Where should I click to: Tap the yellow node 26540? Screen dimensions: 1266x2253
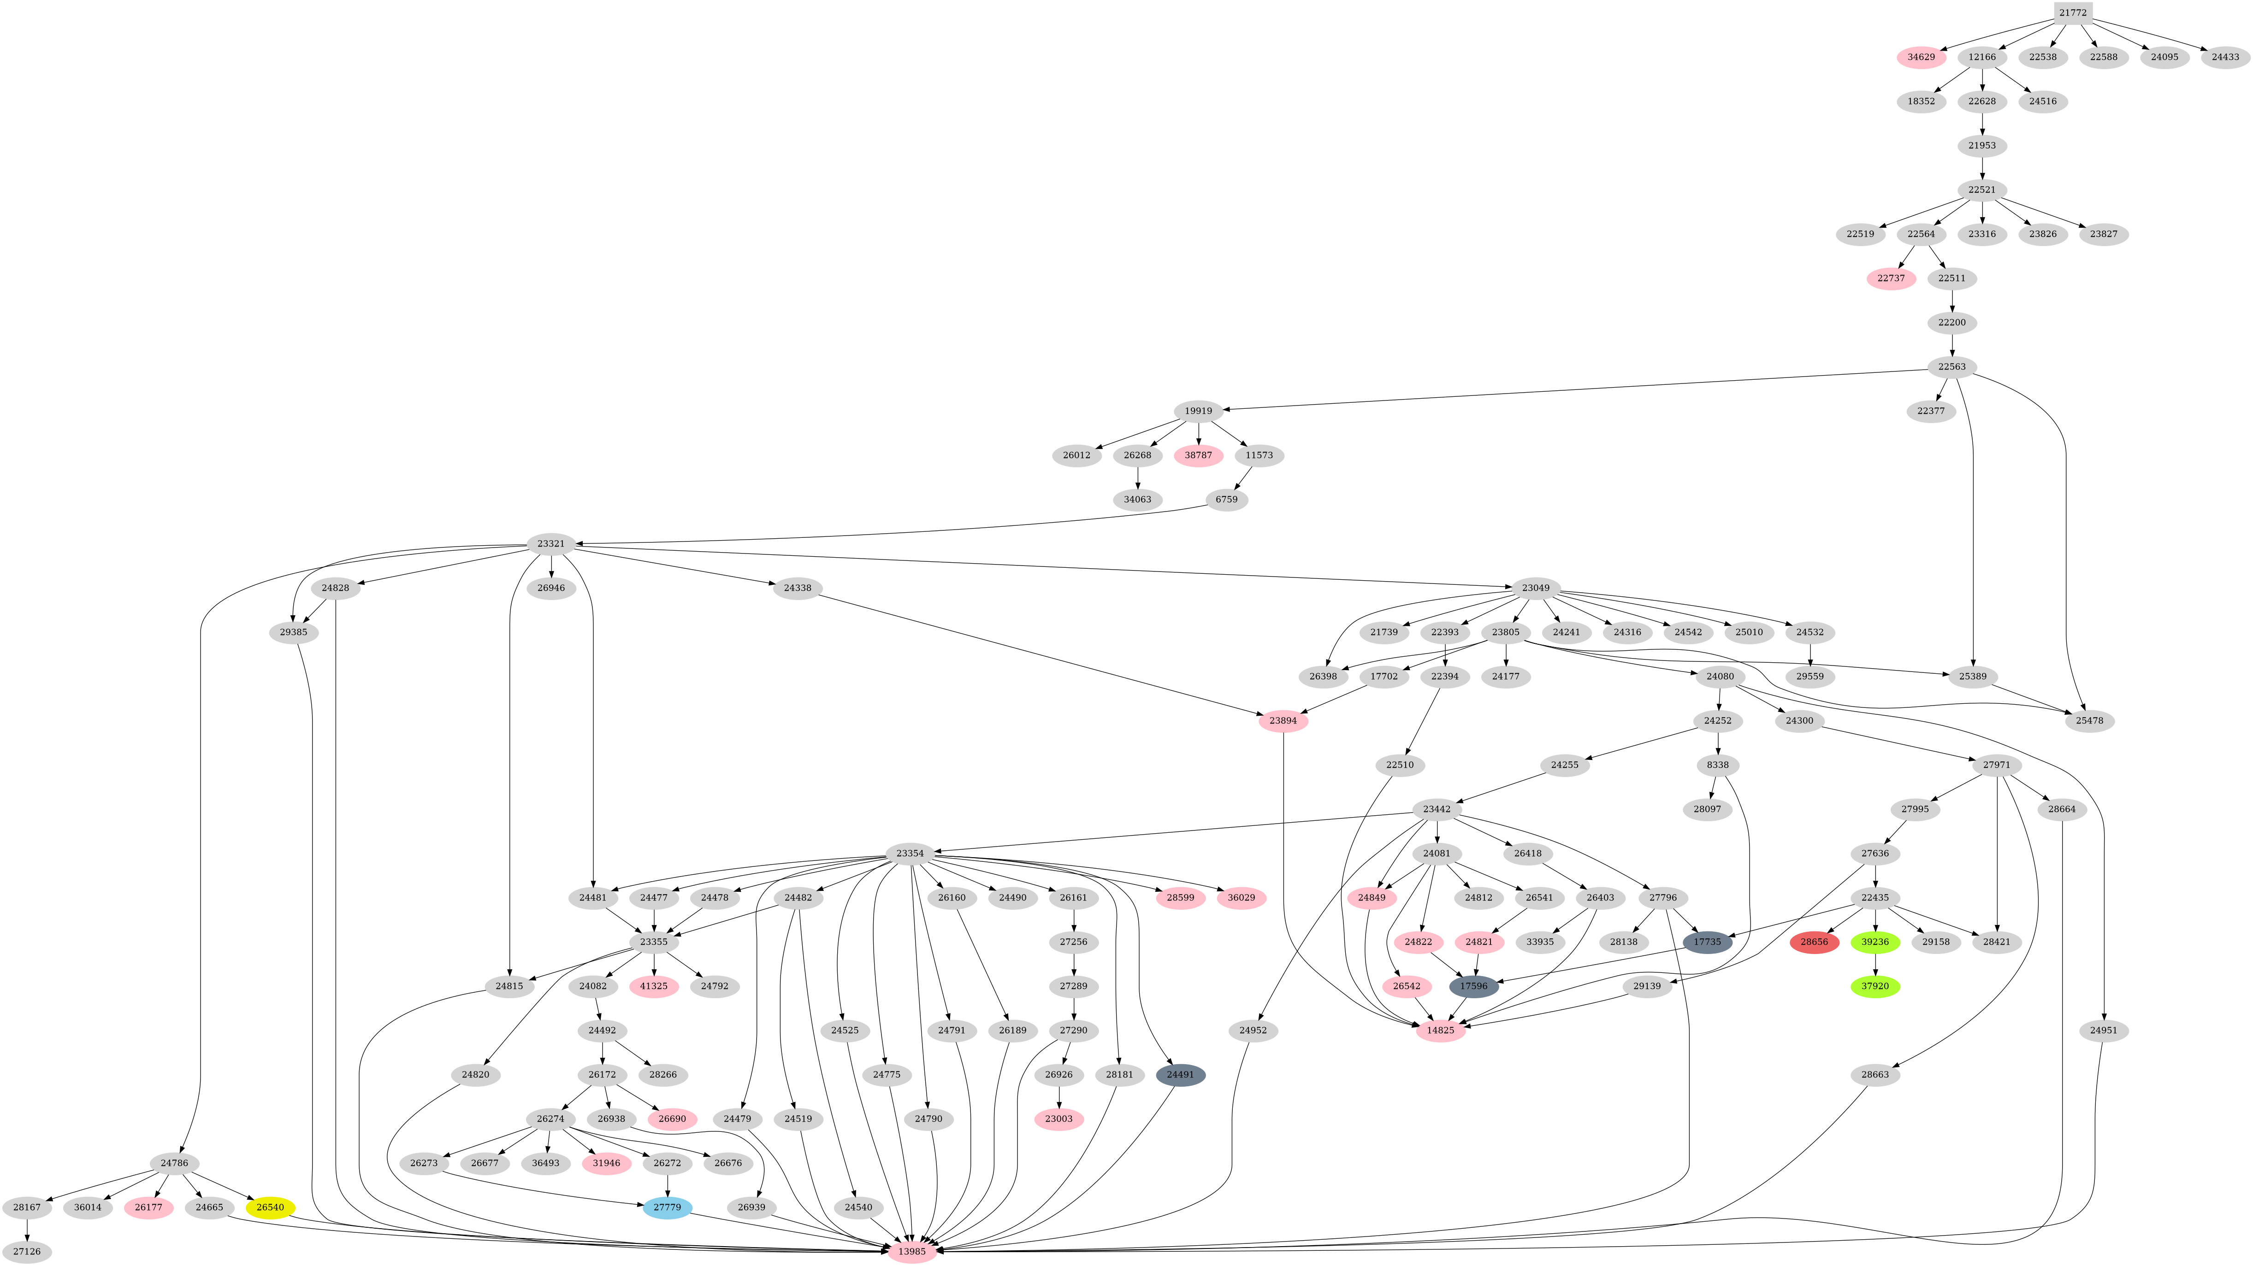tap(270, 1207)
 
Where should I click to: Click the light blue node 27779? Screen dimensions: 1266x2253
tap(668, 1207)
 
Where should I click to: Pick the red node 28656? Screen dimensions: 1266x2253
tap(1814, 942)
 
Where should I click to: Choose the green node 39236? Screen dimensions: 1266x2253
tap(1875, 942)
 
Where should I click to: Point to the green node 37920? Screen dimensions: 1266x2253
tap(1875, 986)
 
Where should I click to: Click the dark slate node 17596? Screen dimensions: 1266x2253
tap(1474, 986)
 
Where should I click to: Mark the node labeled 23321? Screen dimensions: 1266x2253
tap(551, 544)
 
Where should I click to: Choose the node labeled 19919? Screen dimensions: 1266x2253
tap(1198, 411)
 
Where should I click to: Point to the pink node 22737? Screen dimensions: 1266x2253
tap(1891, 278)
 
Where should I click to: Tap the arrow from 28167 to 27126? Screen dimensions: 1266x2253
tap(27, 1229)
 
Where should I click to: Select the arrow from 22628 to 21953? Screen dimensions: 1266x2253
tap(1982, 123)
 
